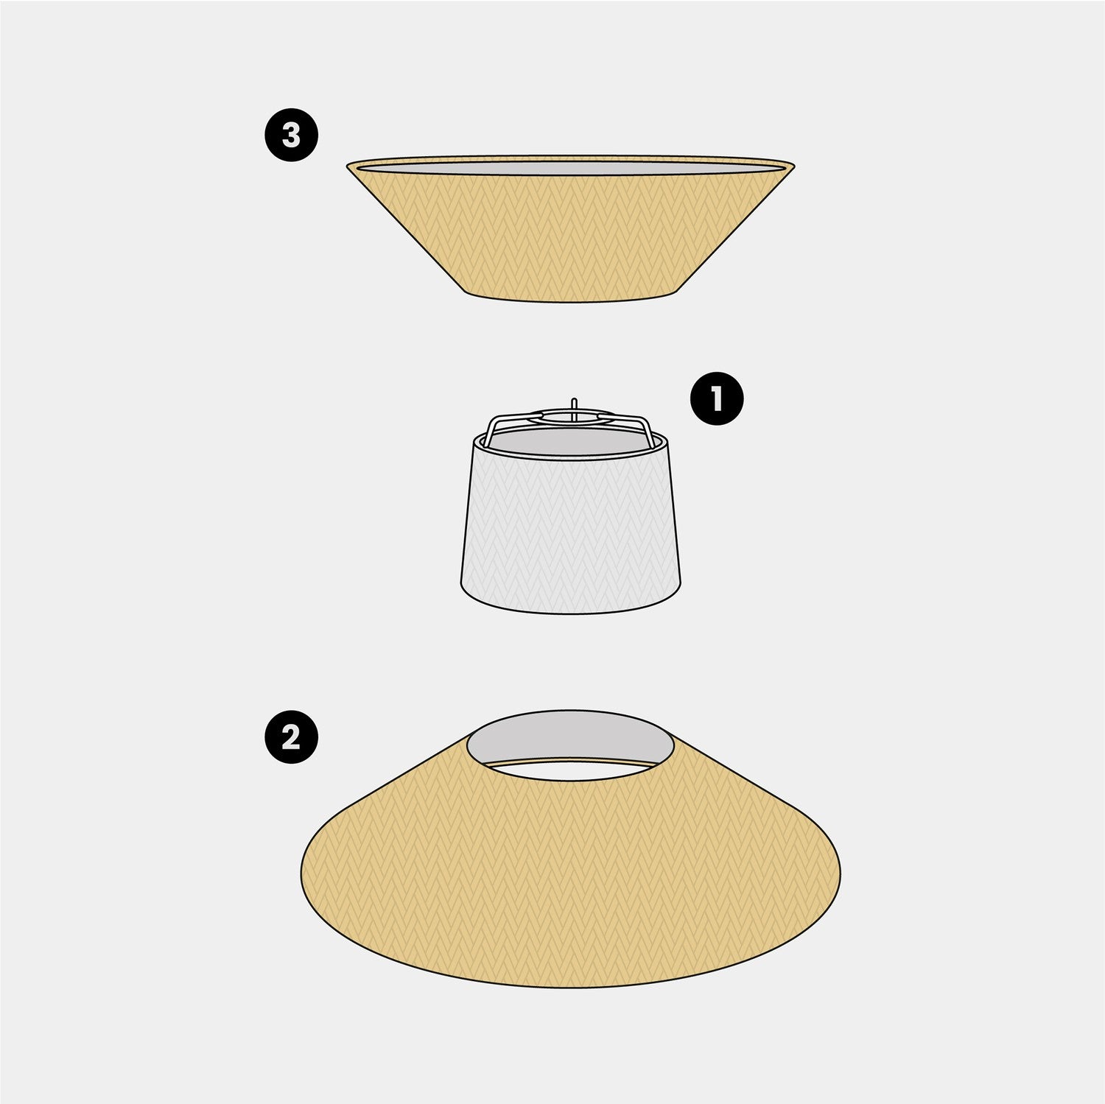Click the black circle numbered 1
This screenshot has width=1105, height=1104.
tap(717, 398)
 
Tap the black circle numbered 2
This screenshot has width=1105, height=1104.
tap(292, 736)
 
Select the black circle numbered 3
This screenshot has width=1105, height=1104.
tap(292, 135)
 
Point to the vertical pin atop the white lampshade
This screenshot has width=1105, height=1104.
tap(574, 409)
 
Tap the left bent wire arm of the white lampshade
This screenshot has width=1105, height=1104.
tap(508, 423)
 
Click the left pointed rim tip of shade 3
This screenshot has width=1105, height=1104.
tap(347, 166)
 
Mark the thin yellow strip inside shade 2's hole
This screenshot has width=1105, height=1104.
tap(571, 762)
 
